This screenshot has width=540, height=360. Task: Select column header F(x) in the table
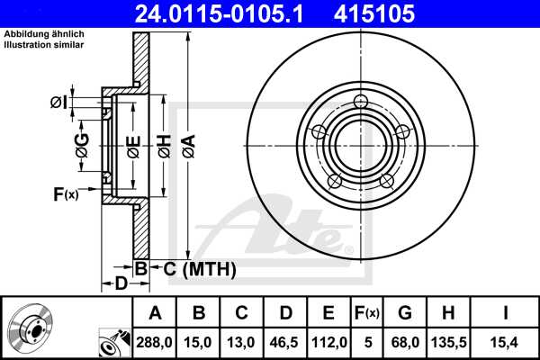point(366,313)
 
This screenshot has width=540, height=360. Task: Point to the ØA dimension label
point(188,143)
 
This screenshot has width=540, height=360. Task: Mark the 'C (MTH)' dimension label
point(199,268)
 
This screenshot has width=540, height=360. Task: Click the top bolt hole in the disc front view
point(362,101)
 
